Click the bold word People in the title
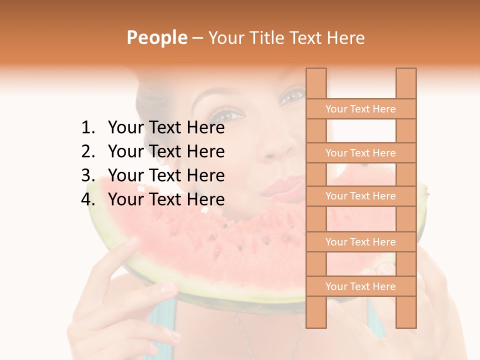pos(156,38)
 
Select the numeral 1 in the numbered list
pos(87,128)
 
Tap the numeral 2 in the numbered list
pos(87,151)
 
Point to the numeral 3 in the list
pos(87,175)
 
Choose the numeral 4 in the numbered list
pos(87,199)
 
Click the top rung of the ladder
pos(360,109)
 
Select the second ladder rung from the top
pos(360,153)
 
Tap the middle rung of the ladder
pos(360,196)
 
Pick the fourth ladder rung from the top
pos(360,242)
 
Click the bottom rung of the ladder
pos(360,286)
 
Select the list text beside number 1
pos(166,128)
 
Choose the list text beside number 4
pos(166,199)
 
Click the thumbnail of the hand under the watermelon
pos(168,288)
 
